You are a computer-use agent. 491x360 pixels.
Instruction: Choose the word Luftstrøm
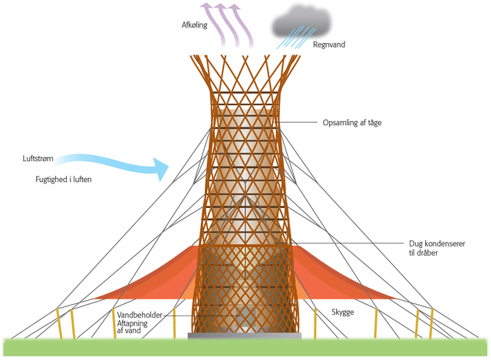coord(38,160)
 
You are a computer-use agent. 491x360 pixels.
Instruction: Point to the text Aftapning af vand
coord(137,329)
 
